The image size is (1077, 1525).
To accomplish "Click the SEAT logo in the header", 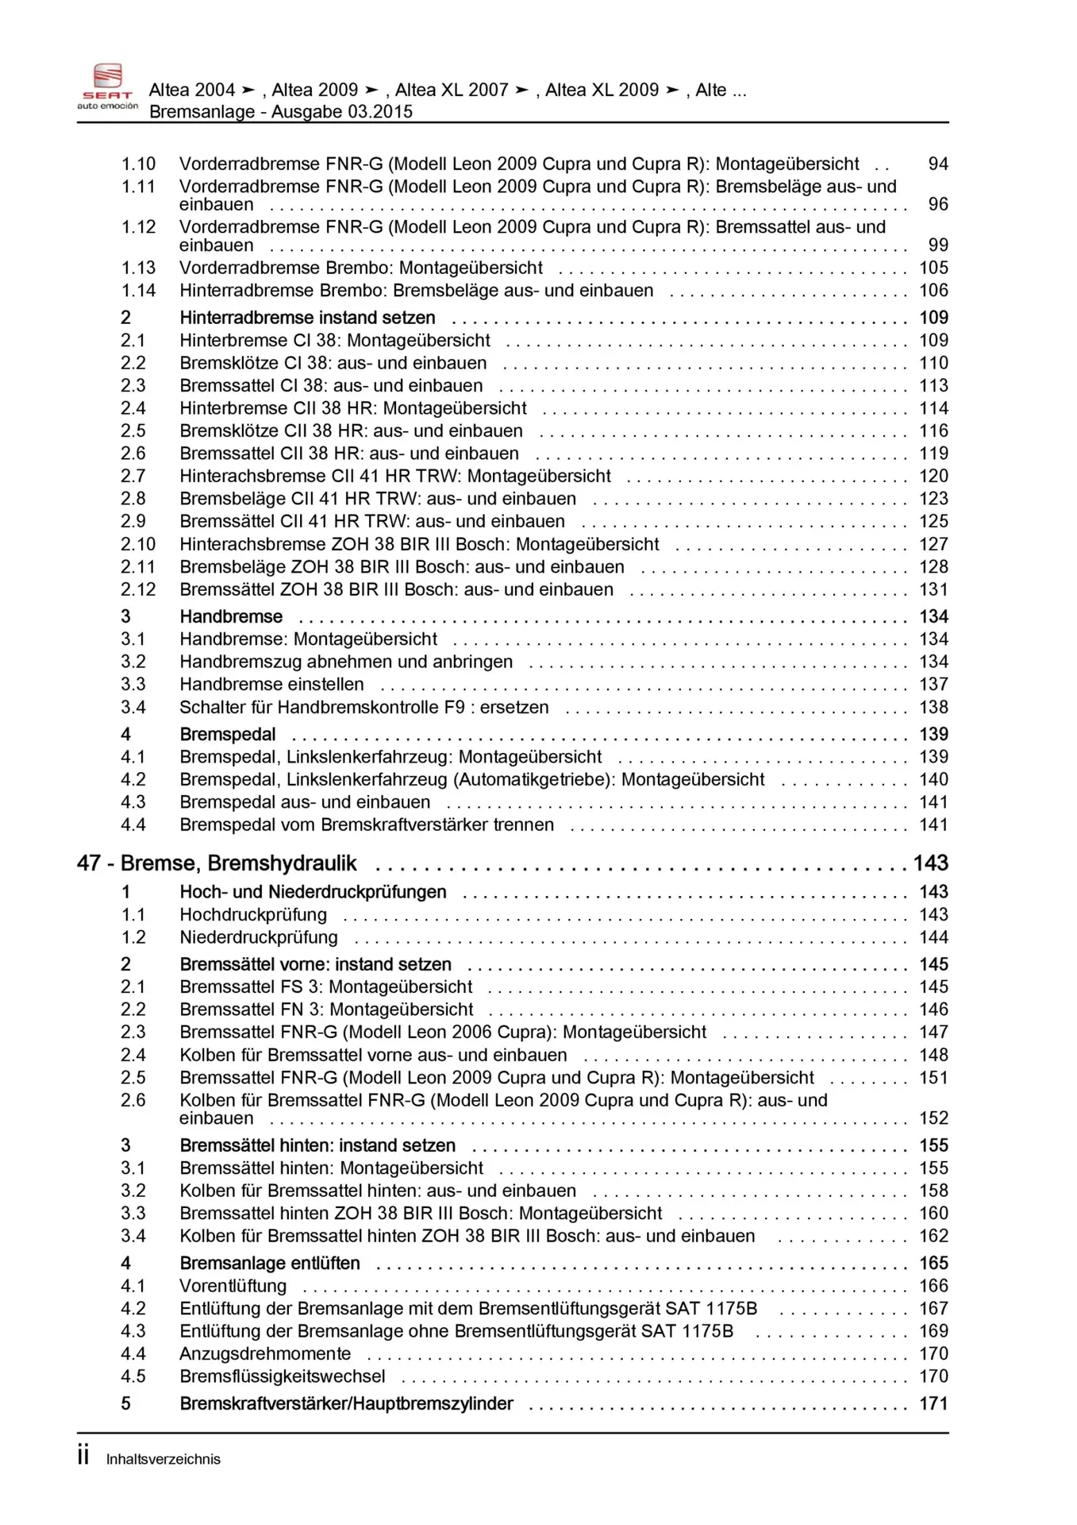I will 108,86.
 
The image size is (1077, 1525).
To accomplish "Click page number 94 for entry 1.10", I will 937,164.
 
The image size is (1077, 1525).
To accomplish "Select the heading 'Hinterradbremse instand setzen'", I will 307,318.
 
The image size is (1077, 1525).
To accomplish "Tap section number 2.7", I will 133,476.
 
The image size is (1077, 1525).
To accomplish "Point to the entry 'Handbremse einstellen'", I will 271,684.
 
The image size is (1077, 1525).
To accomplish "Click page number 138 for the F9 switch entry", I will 933,707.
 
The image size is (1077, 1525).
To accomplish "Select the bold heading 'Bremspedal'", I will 228,734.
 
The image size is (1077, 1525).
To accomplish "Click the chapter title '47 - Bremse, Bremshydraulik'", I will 217,863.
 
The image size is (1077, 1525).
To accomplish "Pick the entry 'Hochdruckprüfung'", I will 253,914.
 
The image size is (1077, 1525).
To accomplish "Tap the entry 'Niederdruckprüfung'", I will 259,937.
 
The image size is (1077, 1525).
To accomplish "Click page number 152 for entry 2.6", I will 933,1118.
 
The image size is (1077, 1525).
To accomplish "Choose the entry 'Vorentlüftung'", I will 233,1285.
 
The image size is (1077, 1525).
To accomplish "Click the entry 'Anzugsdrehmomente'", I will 265,1353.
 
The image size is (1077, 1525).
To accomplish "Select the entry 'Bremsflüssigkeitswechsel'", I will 283,1376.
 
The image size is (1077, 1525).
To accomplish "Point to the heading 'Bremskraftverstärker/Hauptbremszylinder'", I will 346,1403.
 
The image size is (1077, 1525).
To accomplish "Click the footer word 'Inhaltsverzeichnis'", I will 163,1459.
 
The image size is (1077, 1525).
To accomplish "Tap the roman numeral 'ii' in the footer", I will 83,1456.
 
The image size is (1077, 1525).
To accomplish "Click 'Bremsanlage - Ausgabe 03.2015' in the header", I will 281,111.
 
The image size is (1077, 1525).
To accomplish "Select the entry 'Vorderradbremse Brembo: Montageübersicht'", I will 361,268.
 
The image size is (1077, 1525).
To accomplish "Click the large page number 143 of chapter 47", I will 930,863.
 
